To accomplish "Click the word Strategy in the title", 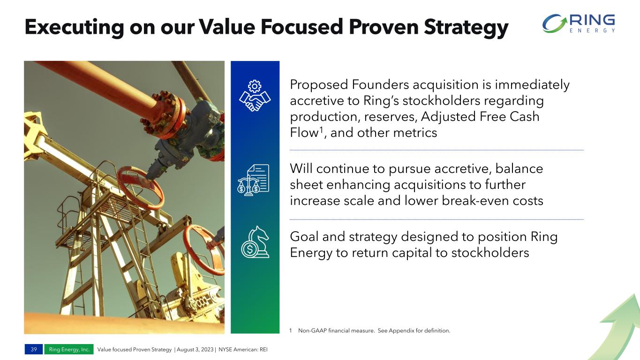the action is [x=466, y=28].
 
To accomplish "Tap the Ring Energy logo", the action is [x=579, y=23].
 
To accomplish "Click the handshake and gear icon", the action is [x=255, y=96].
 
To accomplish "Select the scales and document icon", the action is [x=253, y=180].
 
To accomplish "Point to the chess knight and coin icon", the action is [x=255, y=242].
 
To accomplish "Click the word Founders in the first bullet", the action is [x=380, y=84].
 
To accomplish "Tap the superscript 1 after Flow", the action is [x=321, y=129].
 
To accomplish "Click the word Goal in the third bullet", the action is [x=304, y=237].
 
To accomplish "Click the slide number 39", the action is [x=34, y=349].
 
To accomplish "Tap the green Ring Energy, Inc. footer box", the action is [x=69, y=349].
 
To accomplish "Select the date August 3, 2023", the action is [x=195, y=349].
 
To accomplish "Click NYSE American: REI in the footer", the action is [x=243, y=349].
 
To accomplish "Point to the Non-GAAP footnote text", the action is [x=374, y=330].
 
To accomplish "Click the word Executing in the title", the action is [x=74, y=28].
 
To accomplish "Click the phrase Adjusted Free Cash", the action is [x=480, y=117].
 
